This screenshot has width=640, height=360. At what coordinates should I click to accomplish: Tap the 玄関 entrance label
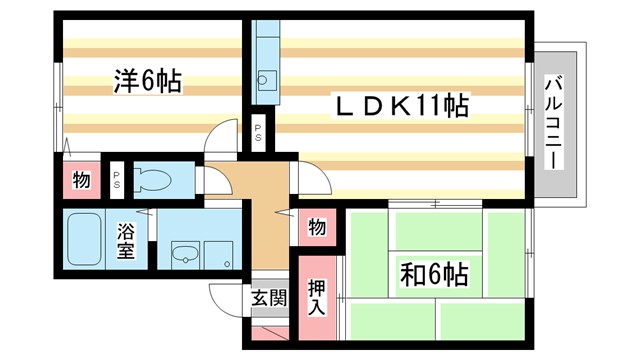[x=268, y=297]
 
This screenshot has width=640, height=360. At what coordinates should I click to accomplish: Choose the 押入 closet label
[x=316, y=296]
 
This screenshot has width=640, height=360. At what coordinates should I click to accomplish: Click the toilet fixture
[x=155, y=181]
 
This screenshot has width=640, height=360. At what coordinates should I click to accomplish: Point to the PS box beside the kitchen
[x=258, y=132]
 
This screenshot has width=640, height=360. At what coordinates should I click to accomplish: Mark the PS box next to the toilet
[x=117, y=181]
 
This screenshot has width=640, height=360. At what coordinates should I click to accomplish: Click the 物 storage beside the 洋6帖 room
[x=81, y=181]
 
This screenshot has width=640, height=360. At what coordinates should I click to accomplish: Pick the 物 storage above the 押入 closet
[x=316, y=227]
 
